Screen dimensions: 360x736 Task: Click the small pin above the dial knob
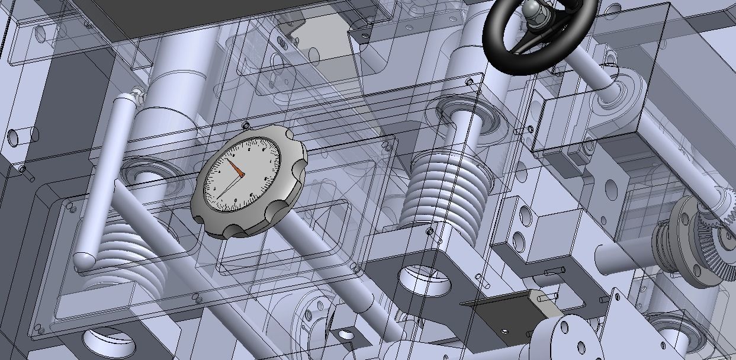click(x=245, y=125)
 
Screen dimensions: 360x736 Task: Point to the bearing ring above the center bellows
click(x=468, y=115)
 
